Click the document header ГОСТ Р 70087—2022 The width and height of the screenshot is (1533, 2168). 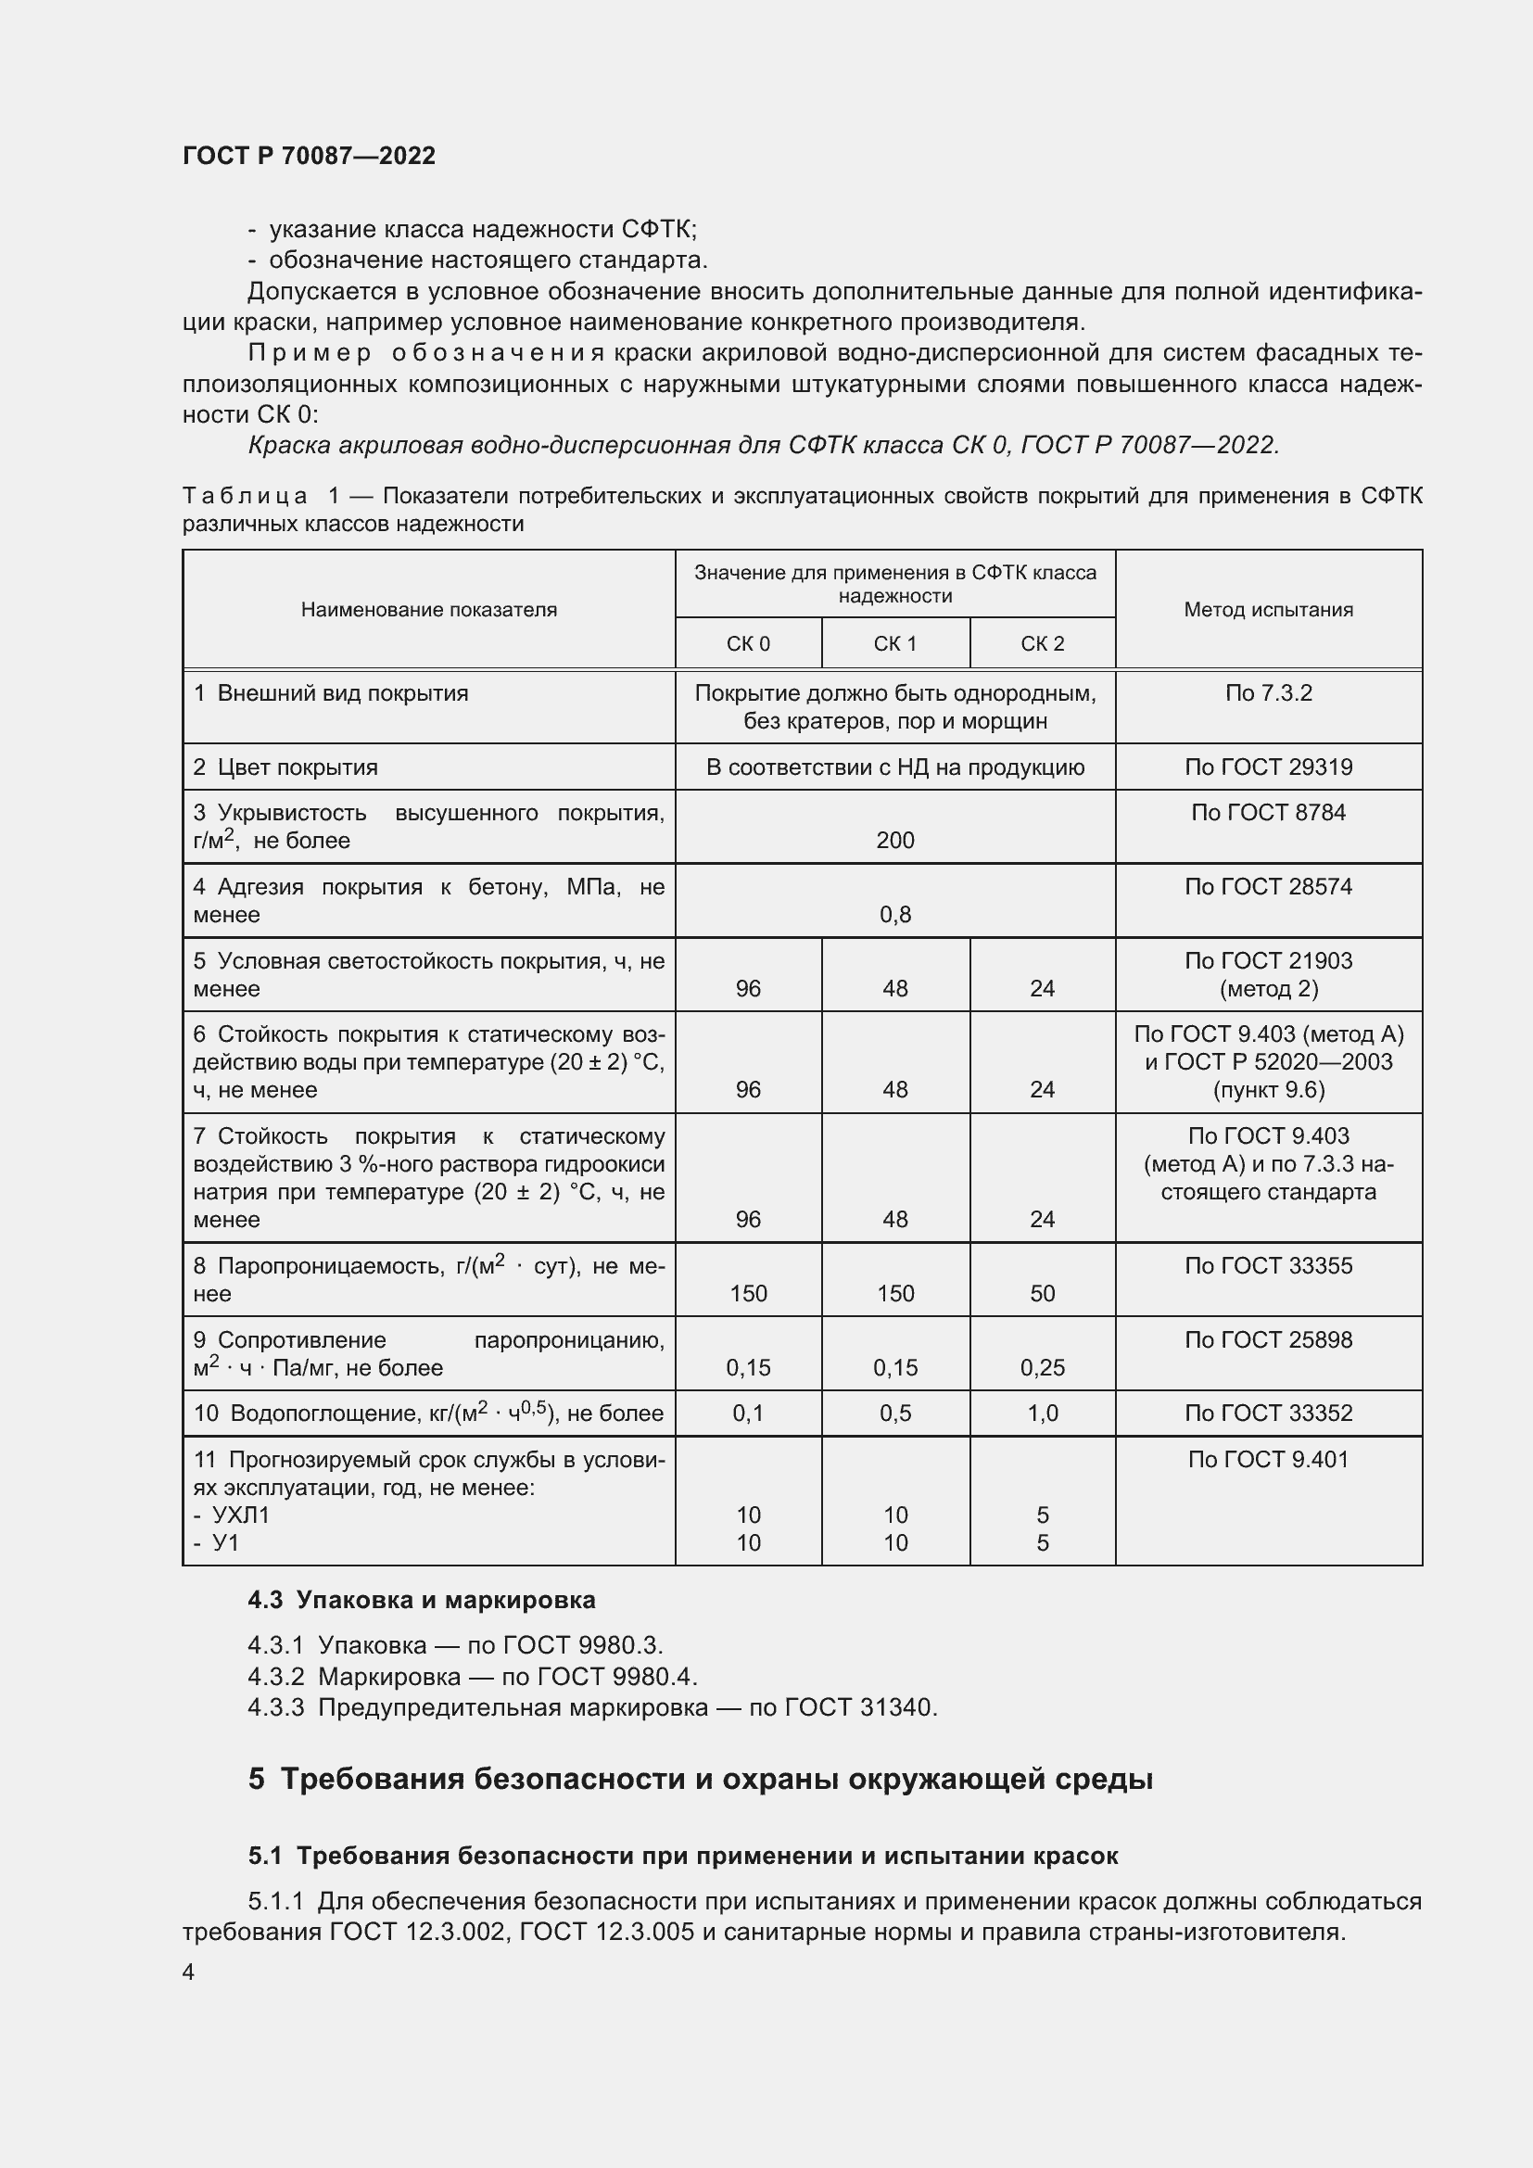pyautogui.click(x=309, y=156)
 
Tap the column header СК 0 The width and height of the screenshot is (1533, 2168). pyautogui.click(x=748, y=644)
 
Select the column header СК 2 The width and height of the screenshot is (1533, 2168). pyautogui.click(x=1042, y=644)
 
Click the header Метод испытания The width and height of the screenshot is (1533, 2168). pyautogui.click(x=1268, y=610)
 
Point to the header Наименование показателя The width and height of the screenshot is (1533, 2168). pyautogui.click(x=428, y=610)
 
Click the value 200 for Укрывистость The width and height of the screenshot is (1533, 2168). pyautogui.click(x=895, y=841)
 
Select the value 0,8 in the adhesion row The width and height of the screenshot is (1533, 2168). pyautogui.click(x=895, y=914)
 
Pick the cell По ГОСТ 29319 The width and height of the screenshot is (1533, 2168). pyautogui.click(x=1268, y=767)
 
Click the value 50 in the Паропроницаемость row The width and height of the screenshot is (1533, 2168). pyautogui.click(x=1042, y=1294)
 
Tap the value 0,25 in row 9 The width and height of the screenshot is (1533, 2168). pyautogui.click(x=1042, y=1367)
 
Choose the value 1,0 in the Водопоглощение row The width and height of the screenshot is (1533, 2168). pyautogui.click(x=1042, y=1414)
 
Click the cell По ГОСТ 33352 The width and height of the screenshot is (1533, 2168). pyautogui.click(x=1268, y=1414)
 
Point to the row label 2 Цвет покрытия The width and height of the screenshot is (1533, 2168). pyautogui.click(x=285, y=767)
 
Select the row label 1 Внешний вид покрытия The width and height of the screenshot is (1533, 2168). pyautogui.click(x=330, y=693)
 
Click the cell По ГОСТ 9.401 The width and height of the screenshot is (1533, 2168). pyautogui.click(x=1268, y=1460)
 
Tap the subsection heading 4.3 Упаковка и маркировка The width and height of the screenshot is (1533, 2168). pyautogui.click(x=421, y=1600)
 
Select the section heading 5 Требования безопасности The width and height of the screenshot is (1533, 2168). pyautogui.click(x=700, y=1779)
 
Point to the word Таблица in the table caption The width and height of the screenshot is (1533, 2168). pyautogui.click(x=245, y=497)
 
